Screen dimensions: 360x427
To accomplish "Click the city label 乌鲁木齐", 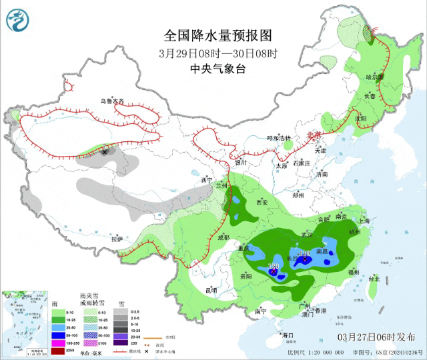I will click(x=112, y=101).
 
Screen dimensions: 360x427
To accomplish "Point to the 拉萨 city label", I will click(x=117, y=238).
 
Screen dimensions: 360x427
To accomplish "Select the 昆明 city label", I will click(x=211, y=290).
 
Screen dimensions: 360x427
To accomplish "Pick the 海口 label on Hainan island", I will click(x=288, y=335).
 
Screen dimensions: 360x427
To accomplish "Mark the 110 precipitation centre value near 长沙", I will click(x=305, y=254).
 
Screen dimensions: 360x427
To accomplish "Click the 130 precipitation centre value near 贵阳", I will click(x=273, y=267).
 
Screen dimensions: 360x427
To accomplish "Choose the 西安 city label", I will click(x=262, y=202).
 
